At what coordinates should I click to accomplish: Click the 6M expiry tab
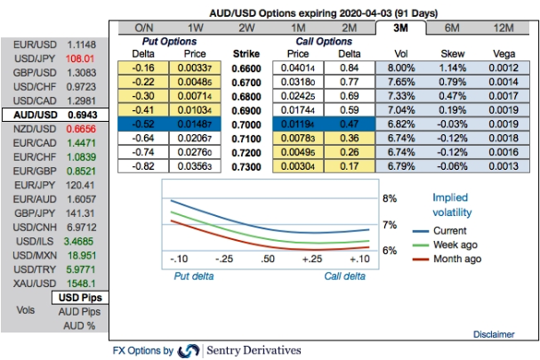click(x=452, y=28)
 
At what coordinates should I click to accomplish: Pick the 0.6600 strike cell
click(x=246, y=67)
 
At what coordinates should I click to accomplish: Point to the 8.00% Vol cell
click(x=402, y=67)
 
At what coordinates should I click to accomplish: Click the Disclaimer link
click(x=493, y=334)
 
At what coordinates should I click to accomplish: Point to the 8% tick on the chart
click(x=389, y=198)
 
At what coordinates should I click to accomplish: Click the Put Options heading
click(x=168, y=41)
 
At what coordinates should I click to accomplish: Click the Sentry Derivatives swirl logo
click(x=189, y=350)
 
